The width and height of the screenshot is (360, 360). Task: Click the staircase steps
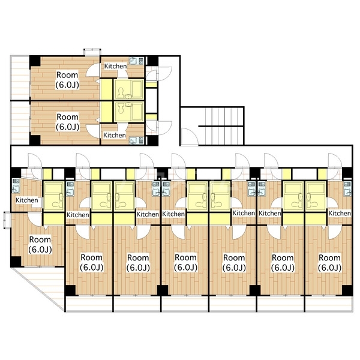click(x=221, y=126)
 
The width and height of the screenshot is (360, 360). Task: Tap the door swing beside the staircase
click(x=190, y=137)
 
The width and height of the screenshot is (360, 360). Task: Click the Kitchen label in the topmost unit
click(x=115, y=66)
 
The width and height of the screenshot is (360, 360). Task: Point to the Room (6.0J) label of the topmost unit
click(x=67, y=80)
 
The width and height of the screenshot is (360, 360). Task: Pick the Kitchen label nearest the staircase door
click(x=115, y=135)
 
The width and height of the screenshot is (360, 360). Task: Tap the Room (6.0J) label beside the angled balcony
click(x=40, y=244)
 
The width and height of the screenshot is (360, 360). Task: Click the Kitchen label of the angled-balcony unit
click(x=27, y=200)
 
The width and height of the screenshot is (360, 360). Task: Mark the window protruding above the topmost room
click(x=92, y=52)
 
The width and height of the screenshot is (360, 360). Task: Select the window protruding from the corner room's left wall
click(x=7, y=220)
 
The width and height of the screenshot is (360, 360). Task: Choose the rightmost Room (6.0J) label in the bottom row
click(x=329, y=262)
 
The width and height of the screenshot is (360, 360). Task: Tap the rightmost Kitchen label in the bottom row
click(x=340, y=213)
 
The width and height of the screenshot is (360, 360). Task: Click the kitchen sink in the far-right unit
click(x=347, y=189)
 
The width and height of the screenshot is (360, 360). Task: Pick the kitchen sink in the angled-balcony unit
click(x=16, y=186)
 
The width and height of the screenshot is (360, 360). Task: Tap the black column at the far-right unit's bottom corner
click(x=347, y=290)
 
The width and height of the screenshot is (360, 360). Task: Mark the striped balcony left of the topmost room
click(x=20, y=78)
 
